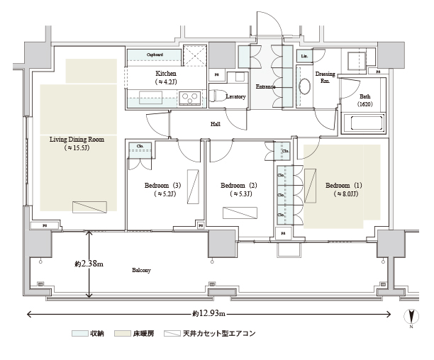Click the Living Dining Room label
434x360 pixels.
coord(77,144)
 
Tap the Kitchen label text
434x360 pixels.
coord(167,77)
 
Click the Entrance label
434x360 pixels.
coord(265,86)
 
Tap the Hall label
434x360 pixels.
coord(215,124)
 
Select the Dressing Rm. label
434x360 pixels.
coord(326,77)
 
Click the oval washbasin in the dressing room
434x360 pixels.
coord(306,86)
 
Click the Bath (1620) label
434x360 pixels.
coord(365,100)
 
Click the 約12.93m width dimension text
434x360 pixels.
coord(208,313)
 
